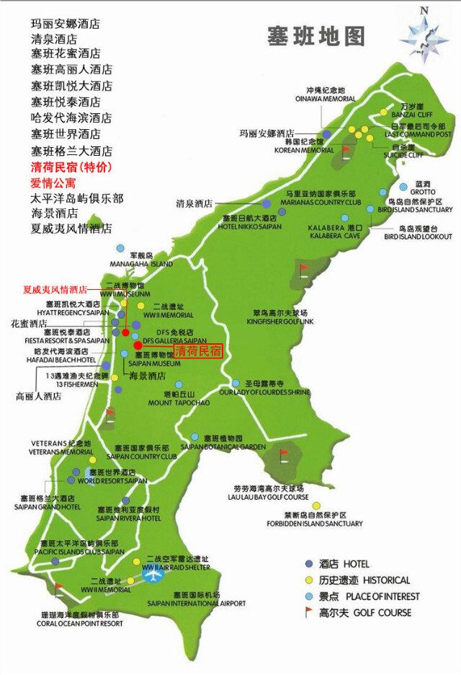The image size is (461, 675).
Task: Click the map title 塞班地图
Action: [316, 35]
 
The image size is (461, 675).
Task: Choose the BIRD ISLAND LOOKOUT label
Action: [418, 236]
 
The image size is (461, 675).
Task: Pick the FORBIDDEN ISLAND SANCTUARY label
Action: [313, 524]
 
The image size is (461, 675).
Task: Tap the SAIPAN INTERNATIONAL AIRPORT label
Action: [197, 603]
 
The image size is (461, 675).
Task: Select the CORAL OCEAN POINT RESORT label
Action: [71, 623]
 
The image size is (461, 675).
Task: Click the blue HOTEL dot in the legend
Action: [309, 563]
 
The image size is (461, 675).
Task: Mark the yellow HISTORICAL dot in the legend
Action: [309, 580]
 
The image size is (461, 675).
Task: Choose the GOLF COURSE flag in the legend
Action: [309, 612]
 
